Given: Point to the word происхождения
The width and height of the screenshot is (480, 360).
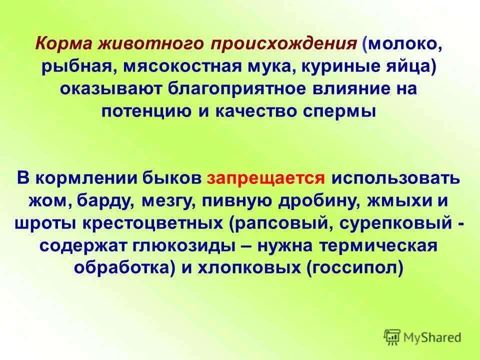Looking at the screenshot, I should tap(283, 44).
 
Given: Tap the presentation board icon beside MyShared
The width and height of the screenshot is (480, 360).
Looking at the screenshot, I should tap(392, 337).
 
